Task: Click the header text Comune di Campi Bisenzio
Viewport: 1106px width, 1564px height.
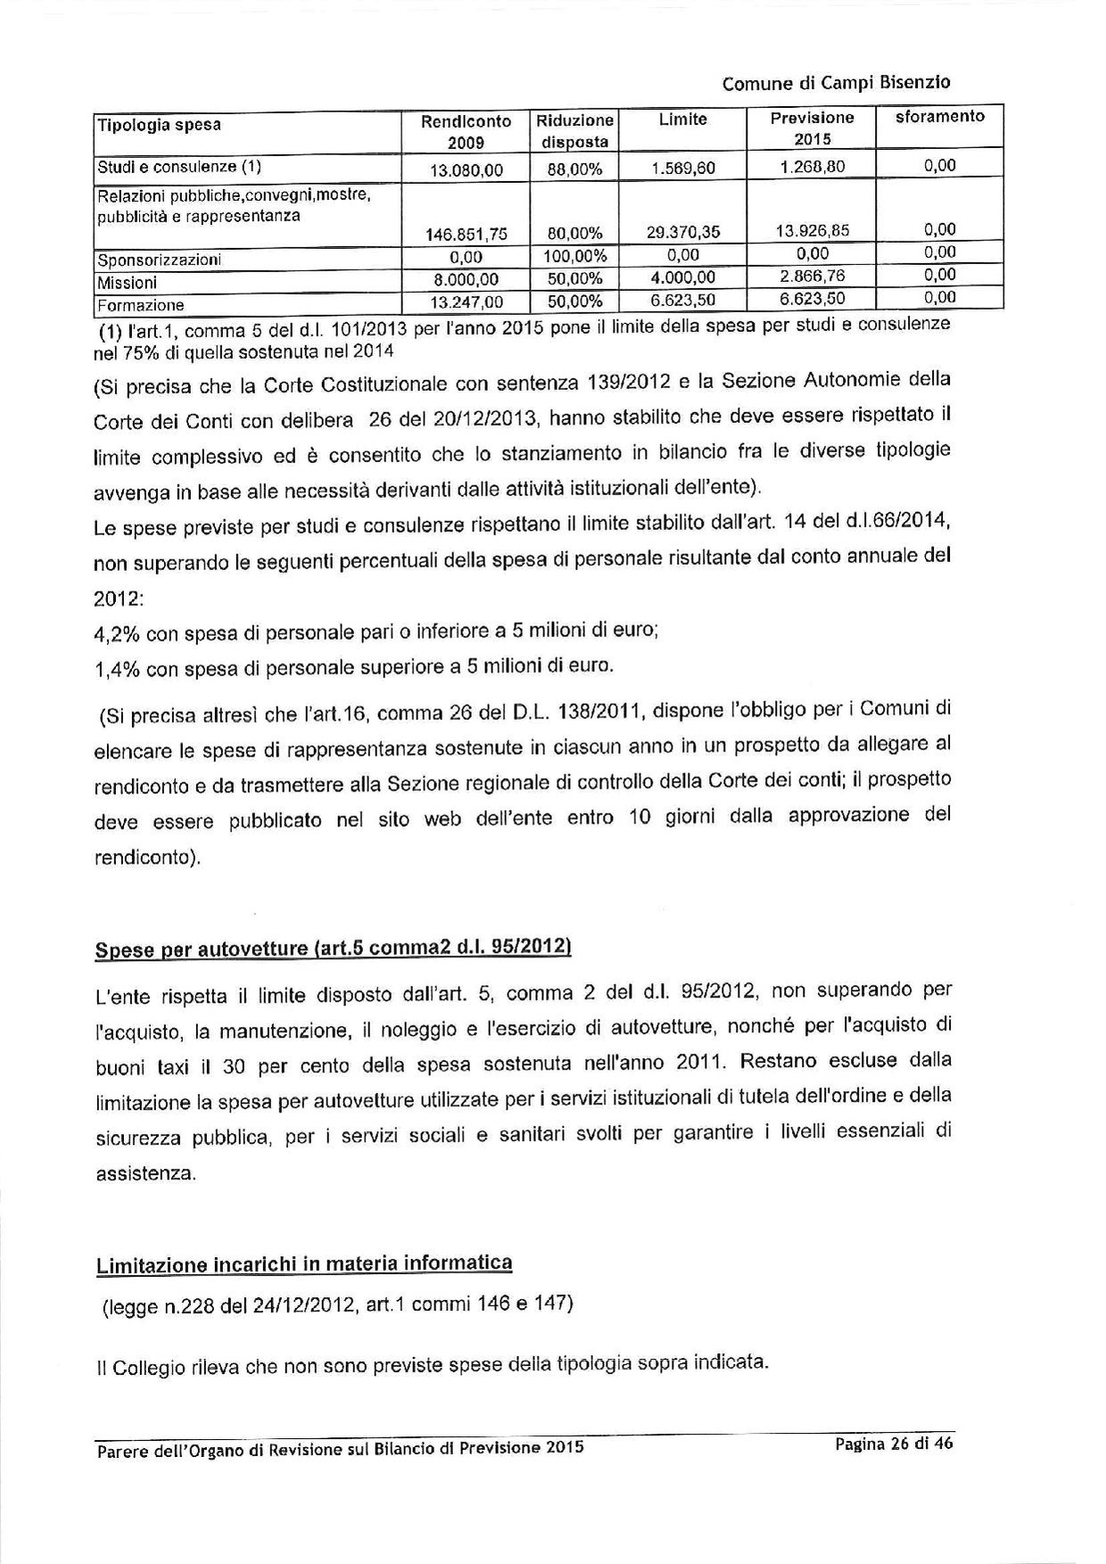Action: point(836,83)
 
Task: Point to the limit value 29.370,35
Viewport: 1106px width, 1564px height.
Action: point(682,233)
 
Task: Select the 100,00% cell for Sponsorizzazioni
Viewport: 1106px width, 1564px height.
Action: point(574,256)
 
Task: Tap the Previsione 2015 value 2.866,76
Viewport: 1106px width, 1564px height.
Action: point(813,277)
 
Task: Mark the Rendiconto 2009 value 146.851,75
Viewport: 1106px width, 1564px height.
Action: point(467,235)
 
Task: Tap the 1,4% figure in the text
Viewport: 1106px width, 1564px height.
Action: point(116,668)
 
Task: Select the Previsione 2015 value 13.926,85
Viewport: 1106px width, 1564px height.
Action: point(813,231)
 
